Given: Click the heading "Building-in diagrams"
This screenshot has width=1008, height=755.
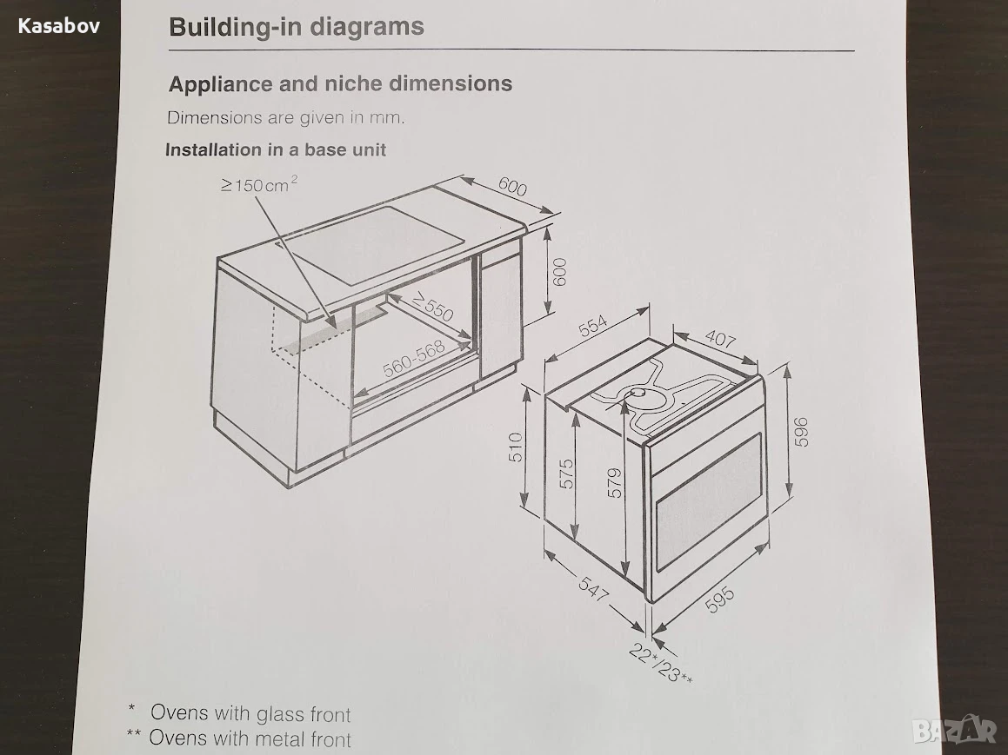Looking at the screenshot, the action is point(297,27).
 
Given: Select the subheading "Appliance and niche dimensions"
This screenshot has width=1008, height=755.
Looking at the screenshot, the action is point(340,83).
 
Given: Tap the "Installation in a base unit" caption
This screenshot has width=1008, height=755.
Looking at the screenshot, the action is point(276,149).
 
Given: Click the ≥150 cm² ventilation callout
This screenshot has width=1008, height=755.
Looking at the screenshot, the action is point(259,185).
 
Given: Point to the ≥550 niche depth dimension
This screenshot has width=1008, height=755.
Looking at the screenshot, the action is point(432,306).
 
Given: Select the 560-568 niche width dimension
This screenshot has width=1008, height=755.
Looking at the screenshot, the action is point(414,358).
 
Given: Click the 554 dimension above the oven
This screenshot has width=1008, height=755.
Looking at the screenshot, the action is point(592,326).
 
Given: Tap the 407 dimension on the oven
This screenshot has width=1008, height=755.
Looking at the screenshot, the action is point(720,338).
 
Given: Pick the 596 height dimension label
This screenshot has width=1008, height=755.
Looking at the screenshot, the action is point(800,432).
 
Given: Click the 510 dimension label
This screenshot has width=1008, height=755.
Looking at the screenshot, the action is point(516,447).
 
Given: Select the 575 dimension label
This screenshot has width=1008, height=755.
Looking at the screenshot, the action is point(565,474).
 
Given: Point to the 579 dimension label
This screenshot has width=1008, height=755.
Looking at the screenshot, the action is point(615,483).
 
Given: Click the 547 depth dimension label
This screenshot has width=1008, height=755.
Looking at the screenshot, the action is point(593,589).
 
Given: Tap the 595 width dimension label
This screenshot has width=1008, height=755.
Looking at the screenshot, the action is point(720,599).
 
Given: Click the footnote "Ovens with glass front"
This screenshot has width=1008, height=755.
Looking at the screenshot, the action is point(250,713).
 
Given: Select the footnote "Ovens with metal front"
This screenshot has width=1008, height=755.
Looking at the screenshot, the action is point(250,738).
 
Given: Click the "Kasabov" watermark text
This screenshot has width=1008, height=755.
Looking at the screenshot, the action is point(58,26).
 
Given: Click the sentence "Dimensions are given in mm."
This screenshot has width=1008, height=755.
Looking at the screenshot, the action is point(286,117).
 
